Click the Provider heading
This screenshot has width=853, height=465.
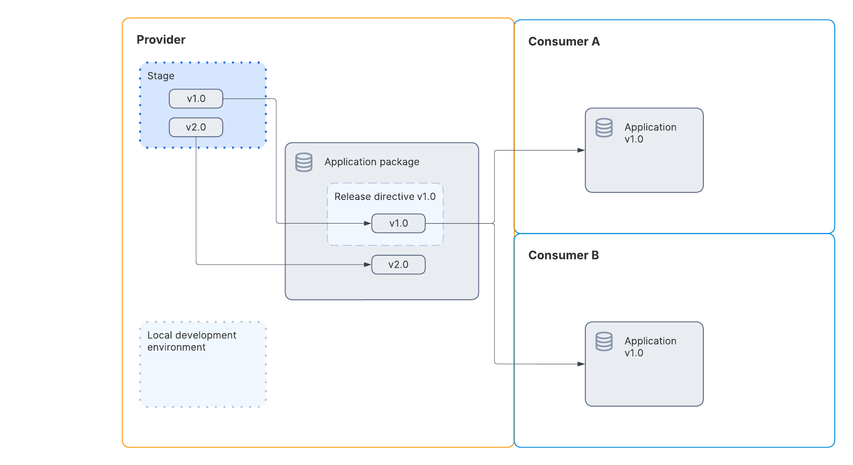(x=161, y=40)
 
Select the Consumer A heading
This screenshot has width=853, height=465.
(x=563, y=41)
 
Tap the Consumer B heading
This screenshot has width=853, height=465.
(x=563, y=255)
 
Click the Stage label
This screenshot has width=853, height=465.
(x=161, y=76)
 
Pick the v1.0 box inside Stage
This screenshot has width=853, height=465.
(x=196, y=99)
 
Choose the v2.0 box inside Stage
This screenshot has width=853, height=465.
(x=196, y=127)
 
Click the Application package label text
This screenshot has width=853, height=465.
(x=371, y=162)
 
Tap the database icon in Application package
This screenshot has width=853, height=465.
(x=304, y=162)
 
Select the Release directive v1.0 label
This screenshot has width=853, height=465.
(x=385, y=196)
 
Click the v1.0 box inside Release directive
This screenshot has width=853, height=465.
(x=398, y=224)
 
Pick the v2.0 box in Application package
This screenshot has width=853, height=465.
(x=398, y=265)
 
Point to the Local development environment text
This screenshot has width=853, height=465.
(x=192, y=341)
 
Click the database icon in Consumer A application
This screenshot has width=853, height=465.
(x=604, y=128)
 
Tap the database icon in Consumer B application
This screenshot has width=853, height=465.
(x=604, y=342)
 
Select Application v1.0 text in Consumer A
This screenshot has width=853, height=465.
(x=650, y=133)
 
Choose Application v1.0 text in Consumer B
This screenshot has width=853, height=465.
(x=650, y=347)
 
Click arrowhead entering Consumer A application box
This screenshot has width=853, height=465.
(x=581, y=150)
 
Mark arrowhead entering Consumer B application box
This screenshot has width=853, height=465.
(x=581, y=364)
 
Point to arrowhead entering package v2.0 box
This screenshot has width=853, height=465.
(x=367, y=265)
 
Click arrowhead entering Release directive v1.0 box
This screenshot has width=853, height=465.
(x=367, y=224)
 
